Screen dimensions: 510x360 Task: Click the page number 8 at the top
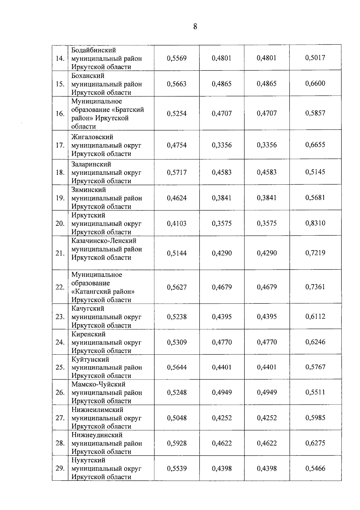click(x=195, y=27)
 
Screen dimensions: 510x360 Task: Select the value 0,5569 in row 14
click(x=177, y=58)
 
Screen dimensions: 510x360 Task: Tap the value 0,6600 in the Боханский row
click(x=315, y=83)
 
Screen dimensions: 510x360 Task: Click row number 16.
click(x=60, y=114)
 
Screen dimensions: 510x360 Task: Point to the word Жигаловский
click(x=92, y=137)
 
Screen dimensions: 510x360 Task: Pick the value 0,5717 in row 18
click(x=177, y=172)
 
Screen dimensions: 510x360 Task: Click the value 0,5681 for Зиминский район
click(x=315, y=198)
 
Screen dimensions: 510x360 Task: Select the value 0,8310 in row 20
click(x=315, y=223)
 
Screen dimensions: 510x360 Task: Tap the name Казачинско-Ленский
click(x=104, y=241)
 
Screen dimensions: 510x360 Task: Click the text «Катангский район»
click(x=103, y=291)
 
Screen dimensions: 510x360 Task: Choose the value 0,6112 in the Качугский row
click(x=315, y=316)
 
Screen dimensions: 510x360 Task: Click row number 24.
click(x=60, y=342)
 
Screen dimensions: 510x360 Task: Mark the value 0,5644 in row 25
click(x=177, y=367)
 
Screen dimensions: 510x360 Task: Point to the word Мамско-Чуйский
click(x=98, y=384)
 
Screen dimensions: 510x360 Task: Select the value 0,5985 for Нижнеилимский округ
click(x=315, y=418)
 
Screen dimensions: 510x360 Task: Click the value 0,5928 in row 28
click(x=177, y=443)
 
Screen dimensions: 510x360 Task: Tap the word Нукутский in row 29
click(x=88, y=460)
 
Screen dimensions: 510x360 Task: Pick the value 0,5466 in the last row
click(x=315, y=468)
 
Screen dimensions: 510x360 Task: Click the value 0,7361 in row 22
click(x=315, y=287)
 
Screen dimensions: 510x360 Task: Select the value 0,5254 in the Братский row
click(x=177, y=114)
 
